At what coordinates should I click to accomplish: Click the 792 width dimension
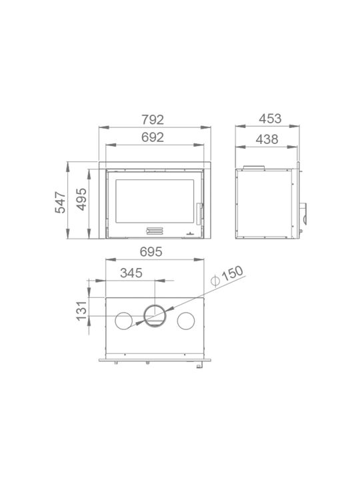coord(153,119)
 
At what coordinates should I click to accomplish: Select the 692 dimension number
coord(153,137)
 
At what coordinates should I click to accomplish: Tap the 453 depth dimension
coord(270,119)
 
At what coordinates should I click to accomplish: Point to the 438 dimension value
coord(267,139)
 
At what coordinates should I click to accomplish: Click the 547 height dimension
coord(60,203)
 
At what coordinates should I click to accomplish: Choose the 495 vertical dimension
coord(81,199)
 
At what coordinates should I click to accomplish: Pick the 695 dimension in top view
coord(151,252)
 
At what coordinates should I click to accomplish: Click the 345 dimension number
coord(131,273)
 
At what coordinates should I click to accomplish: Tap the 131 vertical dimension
coord(82,311)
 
